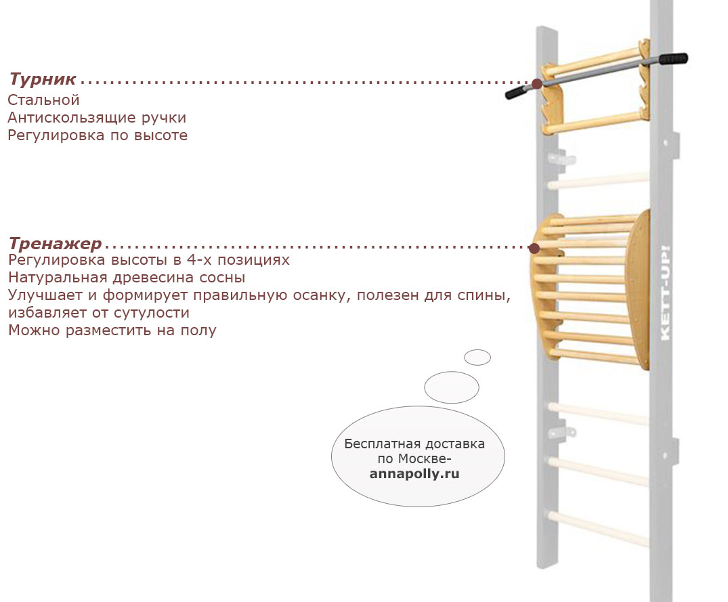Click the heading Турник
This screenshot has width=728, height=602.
tap(43, 79)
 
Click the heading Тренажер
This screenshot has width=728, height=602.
tap(56, 244)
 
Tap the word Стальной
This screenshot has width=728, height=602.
tap(43, 100)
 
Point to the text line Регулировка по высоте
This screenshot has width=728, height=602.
tap(98, 135)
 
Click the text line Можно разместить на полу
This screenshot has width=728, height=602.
tap(112, 330)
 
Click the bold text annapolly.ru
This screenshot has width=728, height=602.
tap(414, 474)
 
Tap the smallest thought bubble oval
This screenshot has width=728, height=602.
tap(477, 358)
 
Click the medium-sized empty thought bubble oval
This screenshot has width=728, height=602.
tap(451, 387)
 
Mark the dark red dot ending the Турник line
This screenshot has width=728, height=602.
tap(537, 84)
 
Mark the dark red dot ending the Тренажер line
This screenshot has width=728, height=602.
tap(534, 248)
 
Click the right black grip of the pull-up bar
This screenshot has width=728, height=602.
tap(673, 58)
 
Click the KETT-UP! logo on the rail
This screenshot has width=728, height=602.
tap(665, 293)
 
